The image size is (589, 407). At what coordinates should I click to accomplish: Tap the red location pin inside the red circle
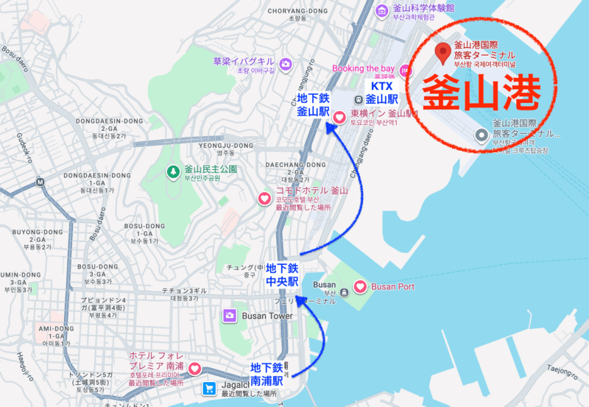tap(442, 53)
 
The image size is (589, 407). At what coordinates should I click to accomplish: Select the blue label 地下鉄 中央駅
tap(282, 275)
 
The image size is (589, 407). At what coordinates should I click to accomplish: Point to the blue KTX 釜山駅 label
tap(381, 92)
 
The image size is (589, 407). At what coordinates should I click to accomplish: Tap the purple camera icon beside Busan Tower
tap(230, 316)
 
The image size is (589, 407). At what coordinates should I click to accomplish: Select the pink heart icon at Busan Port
tap(361, 286)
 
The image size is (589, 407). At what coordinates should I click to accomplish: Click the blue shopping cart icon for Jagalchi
tap(210, 388)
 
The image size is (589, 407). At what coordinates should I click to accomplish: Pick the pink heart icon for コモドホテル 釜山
tap(264, 198)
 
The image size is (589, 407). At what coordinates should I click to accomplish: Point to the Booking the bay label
tap(363, 68)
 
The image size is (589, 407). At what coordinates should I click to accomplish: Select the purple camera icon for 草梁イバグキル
tap(285, 64)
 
